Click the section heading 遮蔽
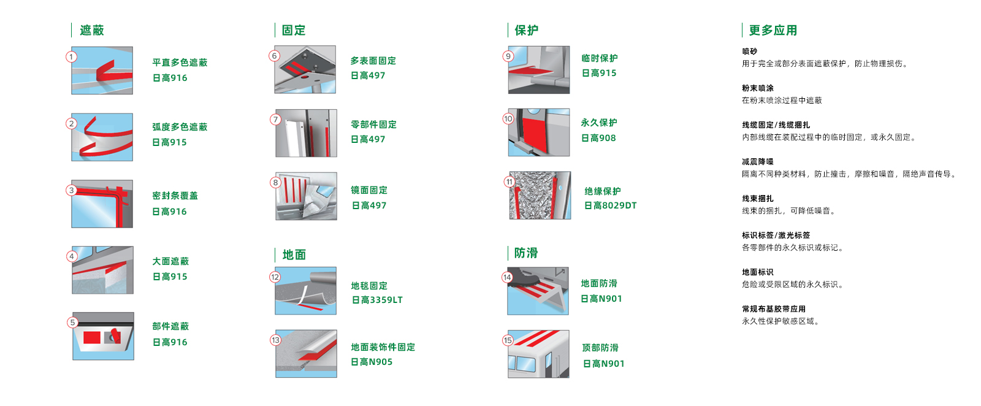[x=92, y=30]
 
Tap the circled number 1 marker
[x=71, y=57]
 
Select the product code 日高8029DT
[x=611, y=205]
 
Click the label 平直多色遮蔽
[x=180, y=63]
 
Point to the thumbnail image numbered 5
[x=104, y=336]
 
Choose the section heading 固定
[x=294, y=30]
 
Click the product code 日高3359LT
[x=377, y=300]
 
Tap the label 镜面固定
[x=369, y=190]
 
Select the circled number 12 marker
[x=275, y=277]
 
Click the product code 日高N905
[x=372, y=362]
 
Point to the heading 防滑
[x=526, y=253]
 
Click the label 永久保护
[x=599, y=123]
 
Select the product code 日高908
[x=598, y=138]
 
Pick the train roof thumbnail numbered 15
[x=539, y=354]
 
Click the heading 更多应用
[x=773, y=30]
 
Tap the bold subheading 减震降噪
[x=758, y=162]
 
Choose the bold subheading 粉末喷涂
[x=758, y=88]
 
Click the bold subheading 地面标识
[x=758, y=272]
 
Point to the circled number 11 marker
[x=510, y=182]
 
